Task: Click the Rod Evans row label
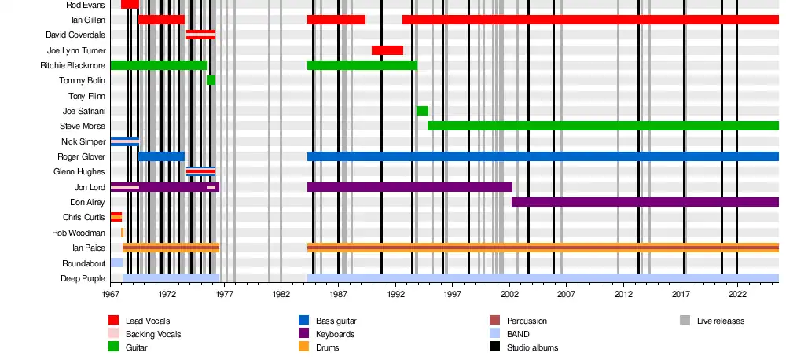87,5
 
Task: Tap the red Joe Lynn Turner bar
387,50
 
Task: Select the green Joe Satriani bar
422,111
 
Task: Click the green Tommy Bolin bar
211,80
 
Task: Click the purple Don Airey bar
645,202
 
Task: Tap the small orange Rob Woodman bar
122,233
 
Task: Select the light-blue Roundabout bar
116,263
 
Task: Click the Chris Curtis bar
116,217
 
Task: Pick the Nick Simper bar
124,141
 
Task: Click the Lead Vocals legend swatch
114,321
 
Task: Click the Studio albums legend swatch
495,347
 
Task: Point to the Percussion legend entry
527,321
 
